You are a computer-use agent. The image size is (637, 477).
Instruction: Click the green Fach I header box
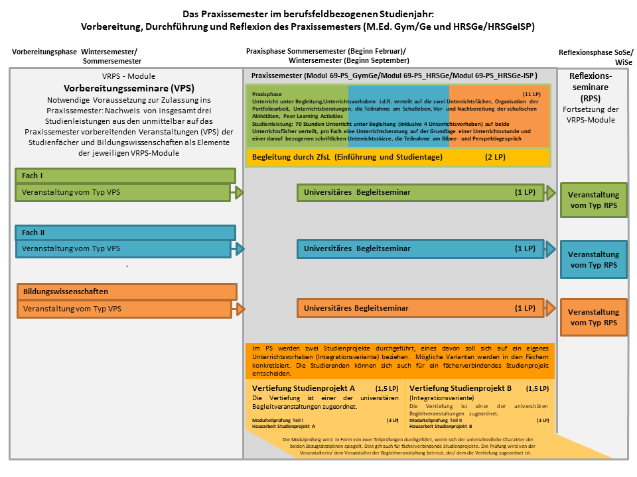(126, 176)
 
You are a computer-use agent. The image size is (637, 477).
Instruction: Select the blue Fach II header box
(126, 233)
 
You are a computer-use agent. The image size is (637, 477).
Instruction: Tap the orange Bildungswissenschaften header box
(126, 291)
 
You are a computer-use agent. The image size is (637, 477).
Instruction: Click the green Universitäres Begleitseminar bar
(420, 192)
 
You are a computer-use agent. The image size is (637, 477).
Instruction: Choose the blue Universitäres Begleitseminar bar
(420, 249)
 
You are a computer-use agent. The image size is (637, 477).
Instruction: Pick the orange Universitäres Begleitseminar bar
(420, 308)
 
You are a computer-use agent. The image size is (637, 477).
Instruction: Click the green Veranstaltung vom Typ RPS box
(593, 200)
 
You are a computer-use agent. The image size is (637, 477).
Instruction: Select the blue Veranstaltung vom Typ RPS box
(593, 259)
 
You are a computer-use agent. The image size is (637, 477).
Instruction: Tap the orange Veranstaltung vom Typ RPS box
(593, 317)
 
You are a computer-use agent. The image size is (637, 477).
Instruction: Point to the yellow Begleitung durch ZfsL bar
(398, 157)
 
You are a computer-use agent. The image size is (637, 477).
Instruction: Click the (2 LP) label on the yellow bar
(494, 157)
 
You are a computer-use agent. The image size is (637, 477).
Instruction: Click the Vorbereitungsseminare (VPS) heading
(125, 87)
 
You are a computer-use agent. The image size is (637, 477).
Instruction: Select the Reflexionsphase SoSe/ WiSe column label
(595, 56)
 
